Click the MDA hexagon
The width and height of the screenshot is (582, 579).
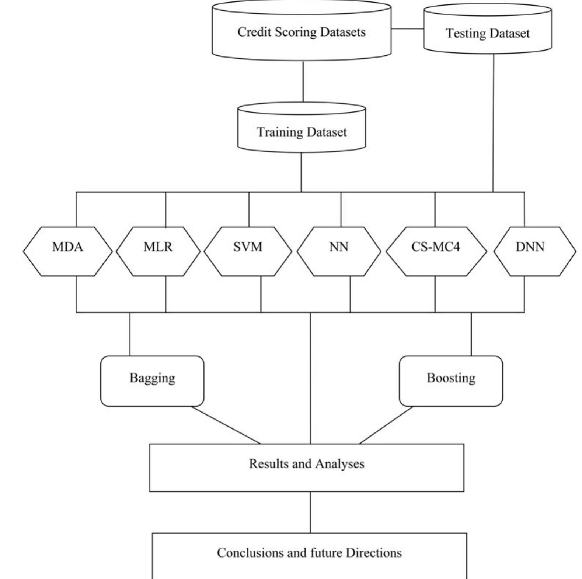click(x=67, y=251)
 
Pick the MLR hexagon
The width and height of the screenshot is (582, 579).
click(x=158, y=251)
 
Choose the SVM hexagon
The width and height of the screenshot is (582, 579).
click(x=248, y=251)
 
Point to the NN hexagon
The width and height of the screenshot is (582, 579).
click(x=339, y=251)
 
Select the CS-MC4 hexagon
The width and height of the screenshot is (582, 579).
click(x=436, y=251)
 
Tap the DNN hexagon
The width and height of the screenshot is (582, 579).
click(x=534, y=251)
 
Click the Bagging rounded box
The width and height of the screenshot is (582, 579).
click(x=152, y=381)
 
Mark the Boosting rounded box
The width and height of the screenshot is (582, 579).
click(x=450, y=381)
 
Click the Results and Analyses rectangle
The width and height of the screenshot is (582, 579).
click(x=306, y=468)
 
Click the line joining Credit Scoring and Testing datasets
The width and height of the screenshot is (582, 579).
click(x=407, y=28)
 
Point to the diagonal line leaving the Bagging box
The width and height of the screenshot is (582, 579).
click(x=226, y=425)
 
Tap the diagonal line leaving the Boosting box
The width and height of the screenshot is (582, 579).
click(x=386, y=425)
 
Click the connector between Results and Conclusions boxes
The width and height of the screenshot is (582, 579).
click(x=310, y=512)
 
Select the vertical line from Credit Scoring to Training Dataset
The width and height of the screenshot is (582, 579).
click(x=303, y=81)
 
